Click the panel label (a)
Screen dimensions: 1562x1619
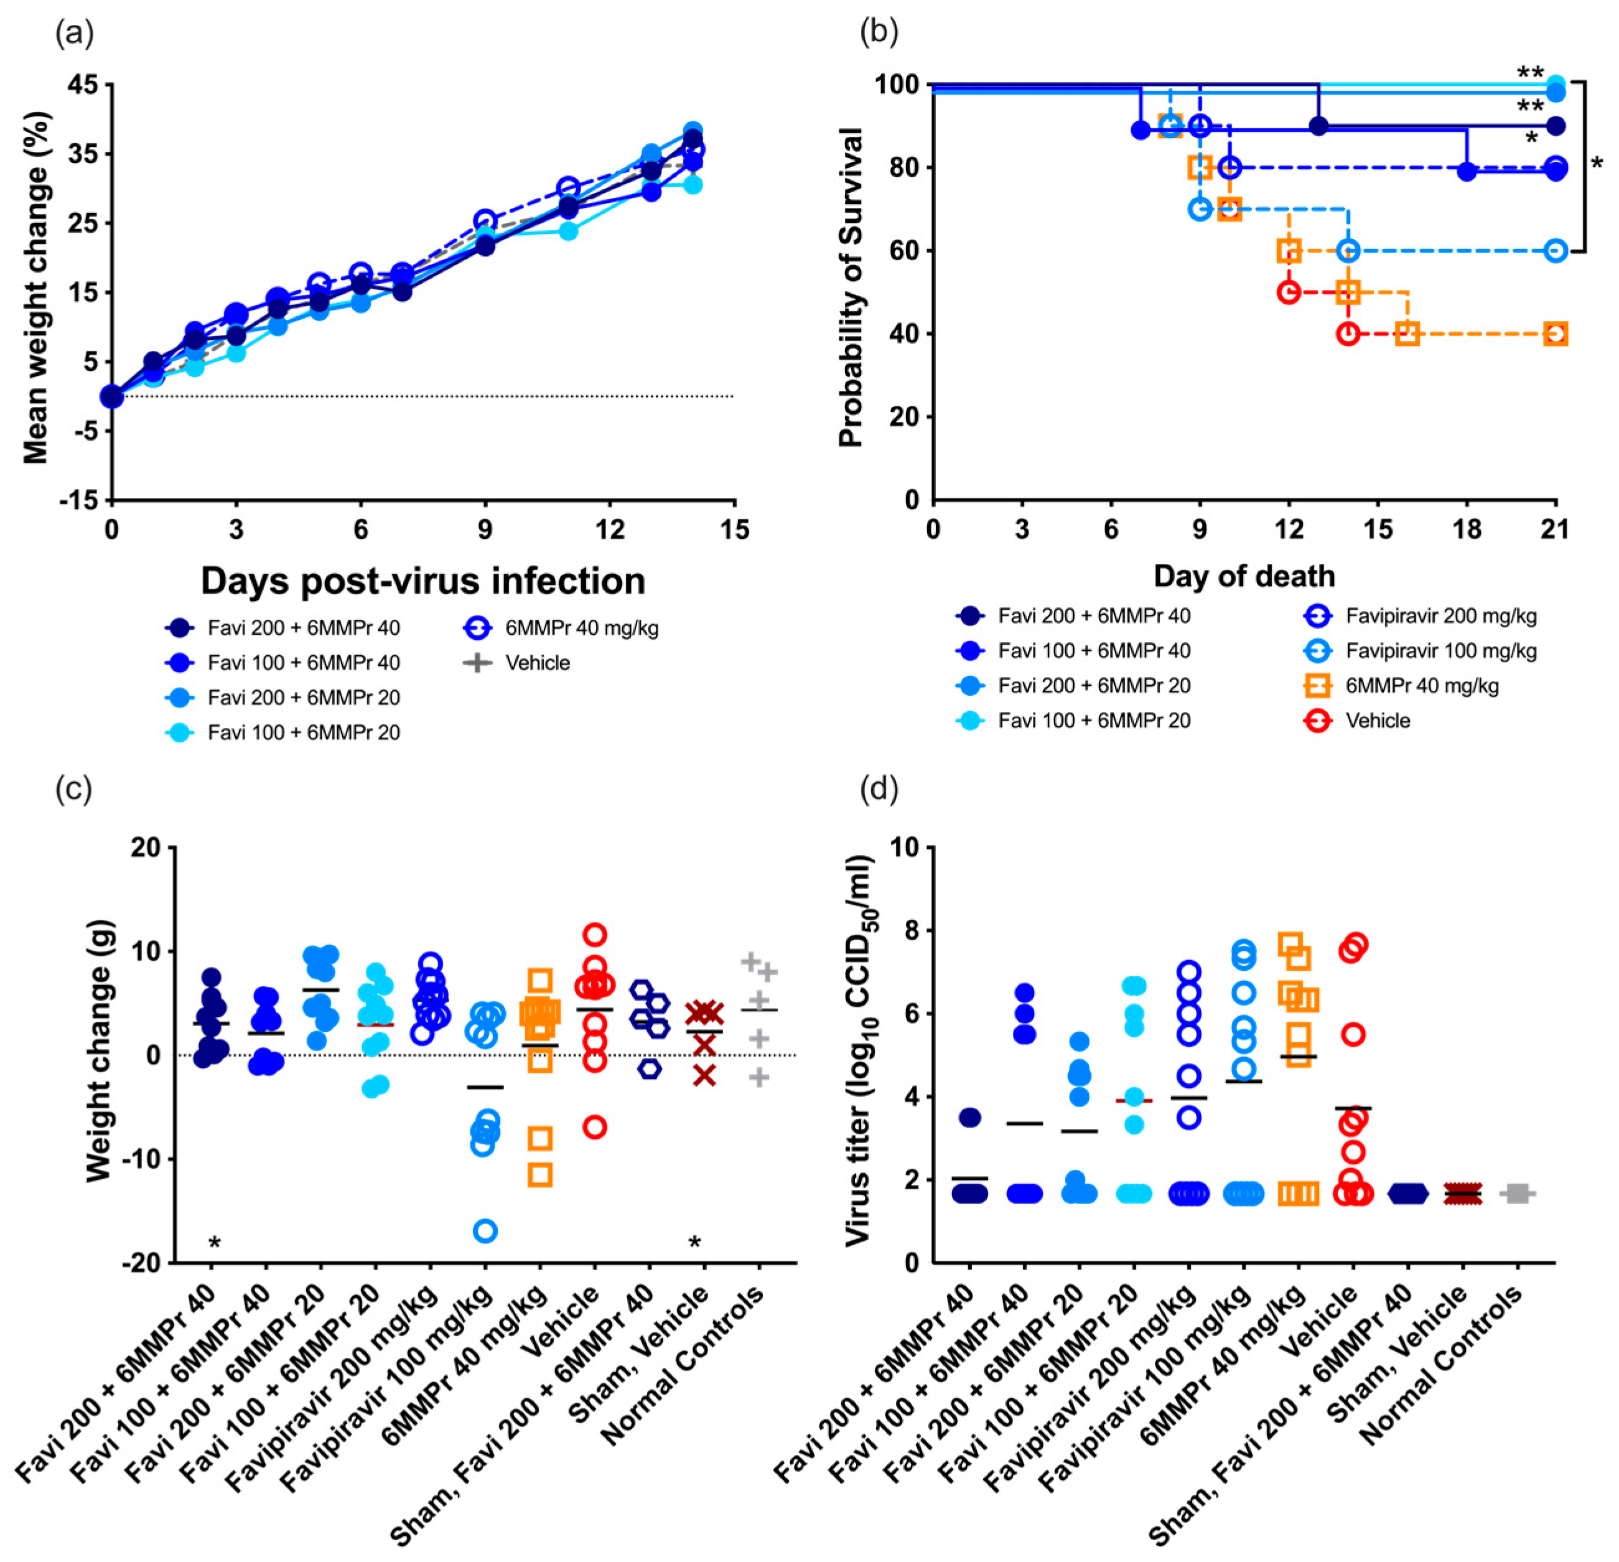coord(74,33)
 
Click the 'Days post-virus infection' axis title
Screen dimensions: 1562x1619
coord(423,581)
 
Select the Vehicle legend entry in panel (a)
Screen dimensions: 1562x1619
coord(537,663)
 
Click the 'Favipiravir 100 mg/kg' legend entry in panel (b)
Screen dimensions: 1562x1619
coord(1440,651)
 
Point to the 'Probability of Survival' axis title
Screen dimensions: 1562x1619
coord(851,288)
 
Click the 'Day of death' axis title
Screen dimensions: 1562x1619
coord(1244,576)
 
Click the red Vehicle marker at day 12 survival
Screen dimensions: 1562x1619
coord(1289,292)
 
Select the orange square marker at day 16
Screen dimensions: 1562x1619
coord(1407,334)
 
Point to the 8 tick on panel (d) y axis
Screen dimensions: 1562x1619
coord(915,931)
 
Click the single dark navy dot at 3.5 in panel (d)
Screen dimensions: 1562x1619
coord(970,1118)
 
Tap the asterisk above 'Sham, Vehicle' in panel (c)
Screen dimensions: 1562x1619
coord(694,1242)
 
